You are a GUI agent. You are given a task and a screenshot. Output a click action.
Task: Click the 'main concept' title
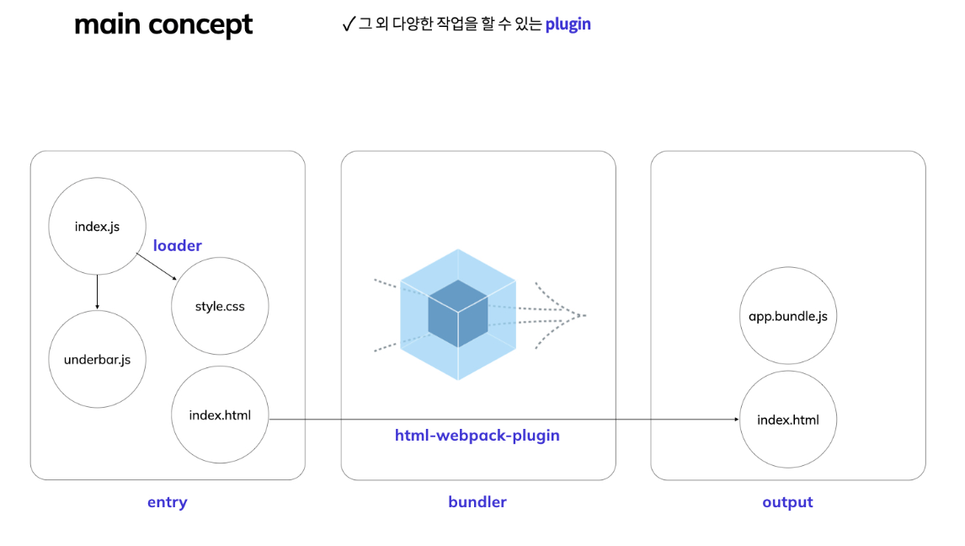[x=163, y=24]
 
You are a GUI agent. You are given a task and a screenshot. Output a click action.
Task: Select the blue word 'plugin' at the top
[x=568, y=24]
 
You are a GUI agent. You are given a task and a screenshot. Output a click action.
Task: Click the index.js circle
[x=97, y=226]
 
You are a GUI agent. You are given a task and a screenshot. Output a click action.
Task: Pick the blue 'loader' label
[x=177, y=246]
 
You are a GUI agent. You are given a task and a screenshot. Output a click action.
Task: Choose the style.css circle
[x=220, y=306]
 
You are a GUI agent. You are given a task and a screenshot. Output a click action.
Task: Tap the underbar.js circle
[x=97, y=360]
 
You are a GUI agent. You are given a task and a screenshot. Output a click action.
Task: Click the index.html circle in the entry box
[x=220, y=415]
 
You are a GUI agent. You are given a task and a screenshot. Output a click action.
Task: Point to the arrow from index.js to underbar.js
[x=98, y=292]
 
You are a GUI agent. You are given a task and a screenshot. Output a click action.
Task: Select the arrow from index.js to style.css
[x=156, y=267]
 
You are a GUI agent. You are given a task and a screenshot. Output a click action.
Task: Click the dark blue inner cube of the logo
[x=457, y=313]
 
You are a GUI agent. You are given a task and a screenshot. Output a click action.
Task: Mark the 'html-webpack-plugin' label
[x=477, y=436]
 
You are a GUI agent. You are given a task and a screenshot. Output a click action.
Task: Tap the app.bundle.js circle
[x=788, y=317]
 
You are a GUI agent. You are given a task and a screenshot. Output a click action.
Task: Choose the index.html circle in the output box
[x=788, y=420]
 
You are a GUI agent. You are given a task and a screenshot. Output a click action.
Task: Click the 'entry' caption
[x=167, y=502]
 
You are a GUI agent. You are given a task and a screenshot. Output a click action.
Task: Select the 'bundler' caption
[x=477, y=502]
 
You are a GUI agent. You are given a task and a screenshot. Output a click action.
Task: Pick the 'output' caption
[x=787, y=502]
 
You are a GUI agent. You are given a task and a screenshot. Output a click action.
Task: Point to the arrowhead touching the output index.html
[x=736, y=420]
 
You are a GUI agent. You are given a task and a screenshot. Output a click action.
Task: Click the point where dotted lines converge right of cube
[x=583, y=316]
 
